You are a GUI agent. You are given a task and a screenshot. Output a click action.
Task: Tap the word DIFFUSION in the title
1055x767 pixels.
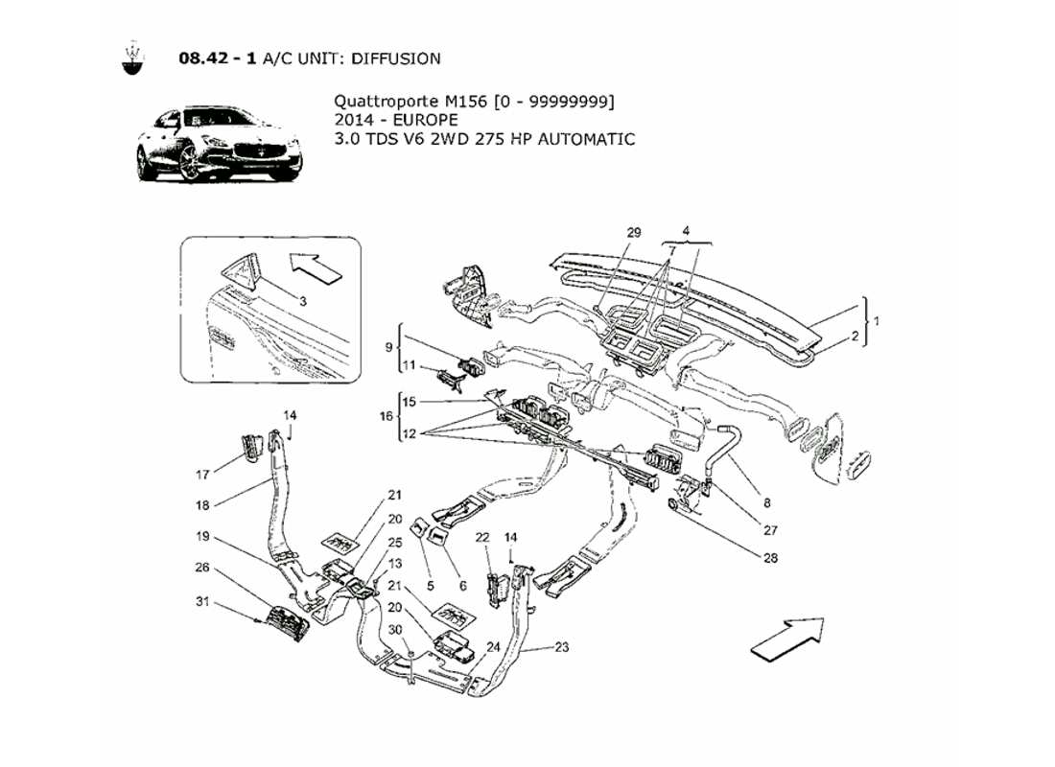point(395,58)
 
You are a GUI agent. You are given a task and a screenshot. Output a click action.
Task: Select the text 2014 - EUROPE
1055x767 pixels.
point(396,120)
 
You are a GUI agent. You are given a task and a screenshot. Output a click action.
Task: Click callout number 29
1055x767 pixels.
point(634,233)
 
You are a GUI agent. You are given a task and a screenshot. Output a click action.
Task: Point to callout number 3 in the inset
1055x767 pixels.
point(302,301)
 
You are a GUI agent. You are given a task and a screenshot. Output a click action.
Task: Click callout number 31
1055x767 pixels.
point(202,602)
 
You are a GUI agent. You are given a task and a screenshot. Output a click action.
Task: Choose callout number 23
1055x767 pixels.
point(561,647)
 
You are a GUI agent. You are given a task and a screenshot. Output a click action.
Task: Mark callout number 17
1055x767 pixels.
point(202,474)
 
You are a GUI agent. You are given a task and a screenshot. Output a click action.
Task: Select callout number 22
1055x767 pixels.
point(482,536)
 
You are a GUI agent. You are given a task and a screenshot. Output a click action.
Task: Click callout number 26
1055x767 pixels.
point(202,567)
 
